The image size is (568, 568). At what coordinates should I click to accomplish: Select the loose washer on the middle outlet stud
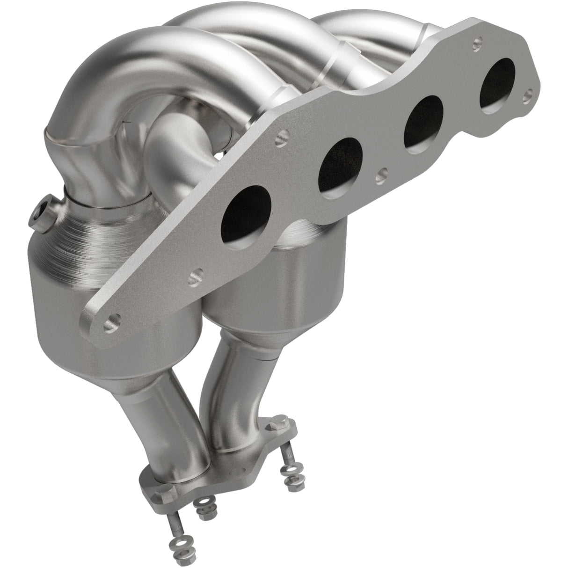point(203,503)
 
